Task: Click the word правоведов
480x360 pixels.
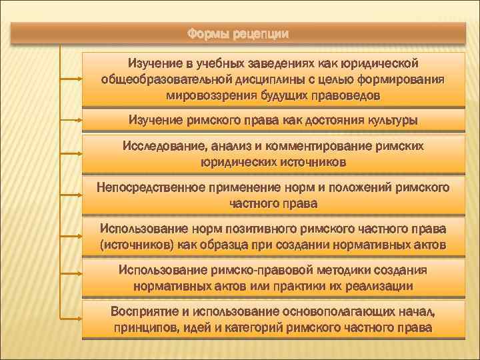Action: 348,95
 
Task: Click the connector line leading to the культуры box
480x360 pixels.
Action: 71,120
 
